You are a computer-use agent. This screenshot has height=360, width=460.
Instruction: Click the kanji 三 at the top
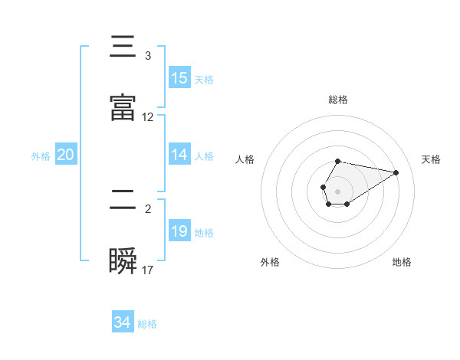pos(123,47)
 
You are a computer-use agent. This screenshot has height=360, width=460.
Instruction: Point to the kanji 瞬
pos(123,260)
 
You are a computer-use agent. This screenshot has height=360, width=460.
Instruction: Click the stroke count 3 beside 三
pos(147,56)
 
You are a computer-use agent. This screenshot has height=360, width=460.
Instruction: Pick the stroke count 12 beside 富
pos(148,117)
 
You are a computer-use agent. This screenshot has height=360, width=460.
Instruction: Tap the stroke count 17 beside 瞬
pos(148,270)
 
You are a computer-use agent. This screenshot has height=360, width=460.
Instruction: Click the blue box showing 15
pos(179,78)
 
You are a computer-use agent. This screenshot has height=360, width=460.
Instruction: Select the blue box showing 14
pos(179,155)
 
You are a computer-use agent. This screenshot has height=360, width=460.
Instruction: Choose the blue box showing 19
pos(179,231)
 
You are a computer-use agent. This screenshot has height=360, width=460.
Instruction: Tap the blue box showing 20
pos(66,155)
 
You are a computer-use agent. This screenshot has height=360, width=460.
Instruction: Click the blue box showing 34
pos(123,322)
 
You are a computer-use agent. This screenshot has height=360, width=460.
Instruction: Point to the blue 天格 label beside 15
pos(204,79)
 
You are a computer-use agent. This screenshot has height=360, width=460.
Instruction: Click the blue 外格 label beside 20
pos(41,155)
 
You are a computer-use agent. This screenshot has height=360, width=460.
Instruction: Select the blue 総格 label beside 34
pos(147,323)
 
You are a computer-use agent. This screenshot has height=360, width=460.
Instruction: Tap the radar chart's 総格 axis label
pos(338,100)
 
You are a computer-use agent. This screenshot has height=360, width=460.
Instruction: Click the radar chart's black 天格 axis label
pos(432,159)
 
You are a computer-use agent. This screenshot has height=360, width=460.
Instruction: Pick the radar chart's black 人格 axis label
pos(246,159)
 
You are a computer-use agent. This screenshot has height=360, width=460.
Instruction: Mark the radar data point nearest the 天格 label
pos(396,172)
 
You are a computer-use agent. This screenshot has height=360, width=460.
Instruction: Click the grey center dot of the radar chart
pos(337,190)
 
